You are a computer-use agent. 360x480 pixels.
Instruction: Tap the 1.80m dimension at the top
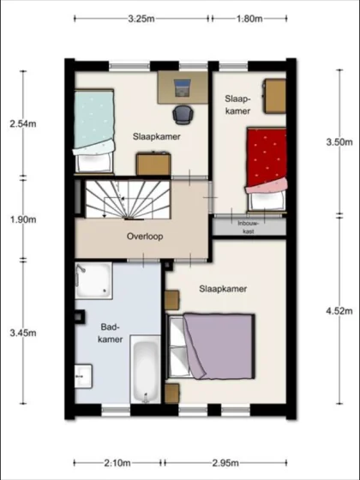pyautogui.click(x=248, y=18)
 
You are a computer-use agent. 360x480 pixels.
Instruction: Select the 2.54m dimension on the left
pyautogui.click(x=23, y=124)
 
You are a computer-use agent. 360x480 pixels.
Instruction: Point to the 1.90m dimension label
pyautogui.click(x=23, y=219)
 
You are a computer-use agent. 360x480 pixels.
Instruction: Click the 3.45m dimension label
pyautogui.click(x=23, y=332)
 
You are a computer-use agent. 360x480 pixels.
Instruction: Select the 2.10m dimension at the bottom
pyautogui.click(x=117, y=464)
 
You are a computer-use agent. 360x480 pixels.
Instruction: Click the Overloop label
pyautogui.click(x=145, y=236)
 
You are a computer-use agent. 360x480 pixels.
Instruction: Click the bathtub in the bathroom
pyautogui.click(x=145, y=371)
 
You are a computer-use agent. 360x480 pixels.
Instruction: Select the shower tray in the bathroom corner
pyautogui.click(x=93, y=280)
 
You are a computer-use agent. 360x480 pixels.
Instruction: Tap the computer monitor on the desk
pyautogui.click(x=183, y=87)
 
